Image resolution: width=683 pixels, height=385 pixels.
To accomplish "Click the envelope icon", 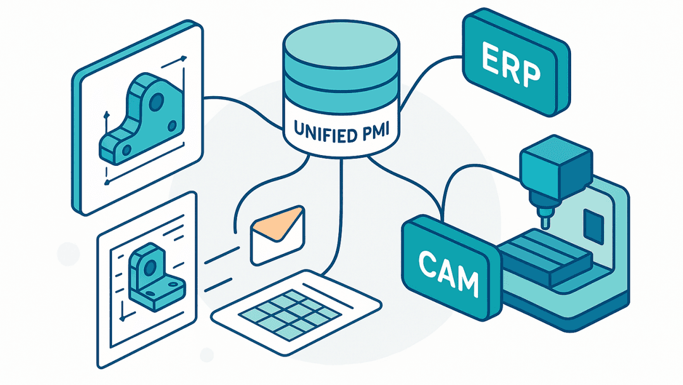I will point(278,234).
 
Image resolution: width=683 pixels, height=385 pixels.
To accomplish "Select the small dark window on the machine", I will point(593,225).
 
